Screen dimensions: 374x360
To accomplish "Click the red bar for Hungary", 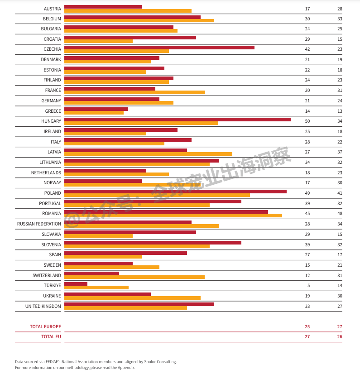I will pyautogui.click(x=177, y=120).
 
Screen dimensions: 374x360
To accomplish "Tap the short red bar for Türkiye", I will pyautogui.click(x=76, y=284).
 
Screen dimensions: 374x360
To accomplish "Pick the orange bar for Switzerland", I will pyautogui.click(x=134, y=277).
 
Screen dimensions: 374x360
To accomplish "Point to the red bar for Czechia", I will pyautogui.click(x=159, y=48).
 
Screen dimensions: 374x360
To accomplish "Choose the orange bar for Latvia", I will pyautogui.click(x=148, y=154).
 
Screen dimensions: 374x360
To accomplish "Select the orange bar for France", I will pyautogui.click(x=134, y=92).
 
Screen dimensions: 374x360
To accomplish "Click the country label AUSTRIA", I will pyautogui.click(x=52, y=9).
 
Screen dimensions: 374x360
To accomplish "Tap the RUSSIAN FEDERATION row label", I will pyautogui.click(x=39, y=224).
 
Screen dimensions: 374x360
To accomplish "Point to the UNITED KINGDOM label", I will pyautogui.click(x=43, y=307).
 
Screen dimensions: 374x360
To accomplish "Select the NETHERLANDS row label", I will pyautogui.click(x=46, y=173).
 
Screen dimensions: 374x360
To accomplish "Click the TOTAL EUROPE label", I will pyautogui.click(x=45, y=326).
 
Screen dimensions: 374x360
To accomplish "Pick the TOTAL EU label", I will pyautogui.click(x=51, y=337).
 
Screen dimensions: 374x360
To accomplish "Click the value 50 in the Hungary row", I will pyautogui.click(x=307, y=121).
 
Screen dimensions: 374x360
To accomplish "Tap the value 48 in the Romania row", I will pyautogui.click(x=340, y=214).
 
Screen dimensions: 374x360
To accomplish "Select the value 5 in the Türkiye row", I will pyautogui.click(x=308, y=286).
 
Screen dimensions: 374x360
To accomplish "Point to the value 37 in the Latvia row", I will pyautogui.click(x=340, y=152).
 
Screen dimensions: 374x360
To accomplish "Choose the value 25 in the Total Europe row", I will pyautogui.click(x=307, y=326).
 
